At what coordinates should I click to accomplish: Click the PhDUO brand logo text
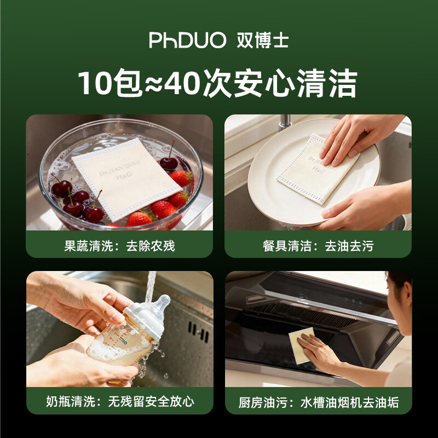coord(187,41)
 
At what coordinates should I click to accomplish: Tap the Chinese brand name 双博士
coord(263,41)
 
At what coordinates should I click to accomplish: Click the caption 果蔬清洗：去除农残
coord(119,245)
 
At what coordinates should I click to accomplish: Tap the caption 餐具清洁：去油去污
coord(318,245)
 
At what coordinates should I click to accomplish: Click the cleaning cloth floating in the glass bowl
coord(127,176)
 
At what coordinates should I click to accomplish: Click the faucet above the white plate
coord(284,122)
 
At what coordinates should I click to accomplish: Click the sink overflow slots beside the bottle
coord(197,332)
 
